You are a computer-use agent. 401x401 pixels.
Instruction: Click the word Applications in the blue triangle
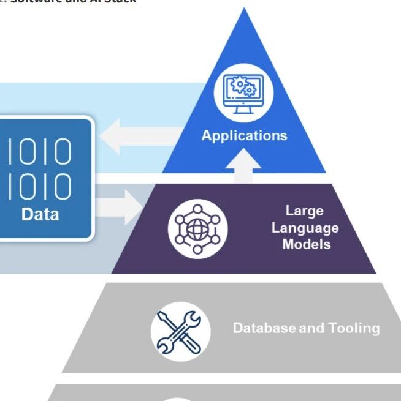pyautogui.click(x=244, y=135)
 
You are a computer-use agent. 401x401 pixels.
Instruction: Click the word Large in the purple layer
pyautogui.click(x=305, y=211)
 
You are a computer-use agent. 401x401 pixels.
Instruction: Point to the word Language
pyautogui.click(x=305, y=228)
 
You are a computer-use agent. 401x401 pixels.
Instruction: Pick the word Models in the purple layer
pyautogui.click(x=306, y=244)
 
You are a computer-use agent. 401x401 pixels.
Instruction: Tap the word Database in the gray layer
pyautogui.click(x=264, y=328)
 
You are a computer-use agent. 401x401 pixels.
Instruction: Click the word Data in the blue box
pyautogui.click(x=40, y=214)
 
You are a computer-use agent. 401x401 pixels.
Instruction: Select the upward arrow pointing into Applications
pyautogui.click(x=244, y=165)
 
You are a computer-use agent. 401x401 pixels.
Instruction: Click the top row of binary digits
pyautogui.click(x=39, y=151)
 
